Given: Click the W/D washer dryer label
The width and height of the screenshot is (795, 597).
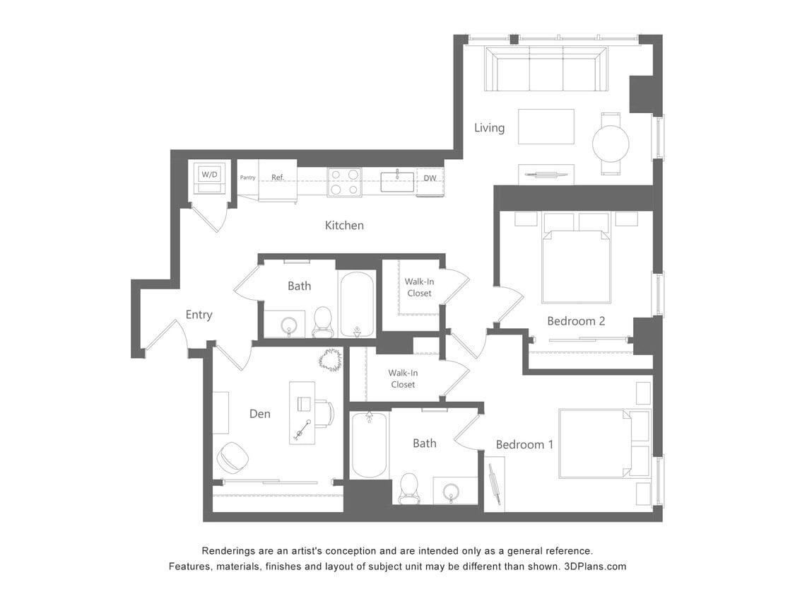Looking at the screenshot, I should pos(209,174).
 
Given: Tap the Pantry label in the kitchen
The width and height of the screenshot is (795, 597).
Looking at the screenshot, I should pos(247,178).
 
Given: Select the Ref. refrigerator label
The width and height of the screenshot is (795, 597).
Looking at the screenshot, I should pos(278,177).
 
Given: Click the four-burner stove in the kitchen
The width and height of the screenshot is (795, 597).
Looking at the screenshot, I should pos(344,182).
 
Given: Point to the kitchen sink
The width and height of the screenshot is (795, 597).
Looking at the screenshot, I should pos(397,181).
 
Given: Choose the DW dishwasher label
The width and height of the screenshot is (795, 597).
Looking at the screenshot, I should pos(430,178).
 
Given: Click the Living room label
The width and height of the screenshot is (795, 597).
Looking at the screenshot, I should pos(489,128).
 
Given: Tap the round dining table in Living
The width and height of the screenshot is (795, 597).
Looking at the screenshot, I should pos(611,144).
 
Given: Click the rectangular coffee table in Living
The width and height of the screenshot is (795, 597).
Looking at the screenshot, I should pos(546,127).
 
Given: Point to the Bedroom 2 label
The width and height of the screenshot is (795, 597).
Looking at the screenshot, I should pos(576,321).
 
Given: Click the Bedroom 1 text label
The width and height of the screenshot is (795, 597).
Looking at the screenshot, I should pos(524,445).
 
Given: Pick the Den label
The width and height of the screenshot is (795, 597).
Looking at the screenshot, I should pos(259,414).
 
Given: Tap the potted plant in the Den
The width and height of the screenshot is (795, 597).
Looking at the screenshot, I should pos(330,359).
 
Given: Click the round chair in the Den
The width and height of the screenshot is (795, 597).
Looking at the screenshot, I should pos(232,458).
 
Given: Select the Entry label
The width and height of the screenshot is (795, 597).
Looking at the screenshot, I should pos(199,315).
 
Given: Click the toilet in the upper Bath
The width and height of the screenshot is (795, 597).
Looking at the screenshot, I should pos(322,322).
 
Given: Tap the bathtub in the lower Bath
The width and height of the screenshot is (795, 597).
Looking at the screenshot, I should pos(369,445).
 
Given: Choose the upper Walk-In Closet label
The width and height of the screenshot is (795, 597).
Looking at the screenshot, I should pos(418,287).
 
